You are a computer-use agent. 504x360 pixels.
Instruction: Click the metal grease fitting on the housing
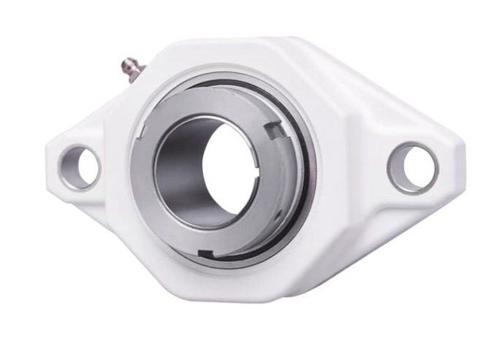point(131,68)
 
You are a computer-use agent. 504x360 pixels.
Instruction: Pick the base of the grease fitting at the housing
point(140,72)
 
